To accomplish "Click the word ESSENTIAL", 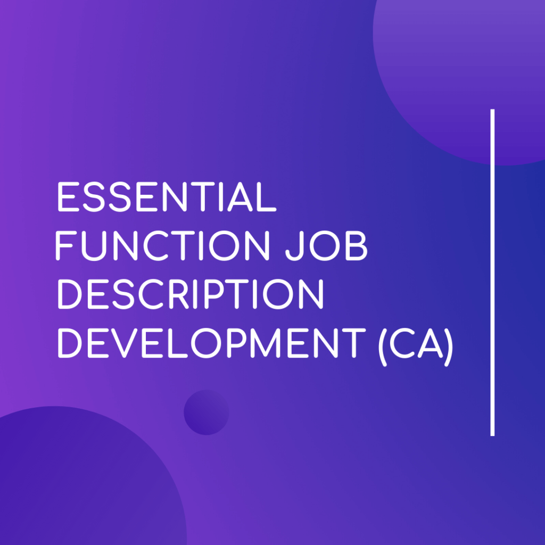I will (x=167, y=197).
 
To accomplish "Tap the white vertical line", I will (x=492, y=272).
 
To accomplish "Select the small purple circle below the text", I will (x=207, y=412).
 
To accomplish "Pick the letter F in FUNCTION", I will (x=66, y=246).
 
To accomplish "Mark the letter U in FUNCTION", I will (x=94, y=246).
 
